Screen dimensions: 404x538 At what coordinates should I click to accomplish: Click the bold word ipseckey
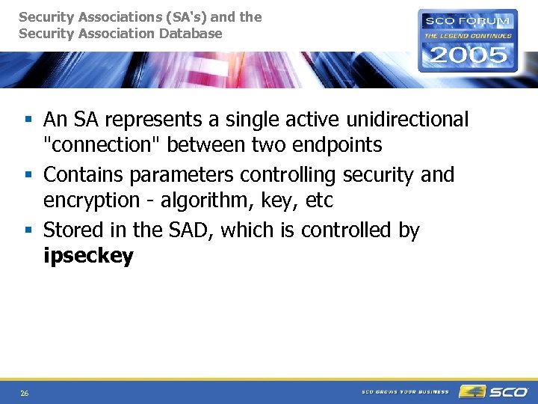tap(88, 257)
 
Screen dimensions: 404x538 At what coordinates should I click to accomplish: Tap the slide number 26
tap(25, 394)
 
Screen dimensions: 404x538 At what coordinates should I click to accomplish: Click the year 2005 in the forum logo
tap(467, 55)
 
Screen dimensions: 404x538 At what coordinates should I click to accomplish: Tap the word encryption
tap(91, 201)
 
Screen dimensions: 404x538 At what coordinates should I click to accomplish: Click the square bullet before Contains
tap(28, 175)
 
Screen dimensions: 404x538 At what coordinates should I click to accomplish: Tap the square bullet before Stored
tap(28, 230)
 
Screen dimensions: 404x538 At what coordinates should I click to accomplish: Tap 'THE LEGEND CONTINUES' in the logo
tap(468, 35)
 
